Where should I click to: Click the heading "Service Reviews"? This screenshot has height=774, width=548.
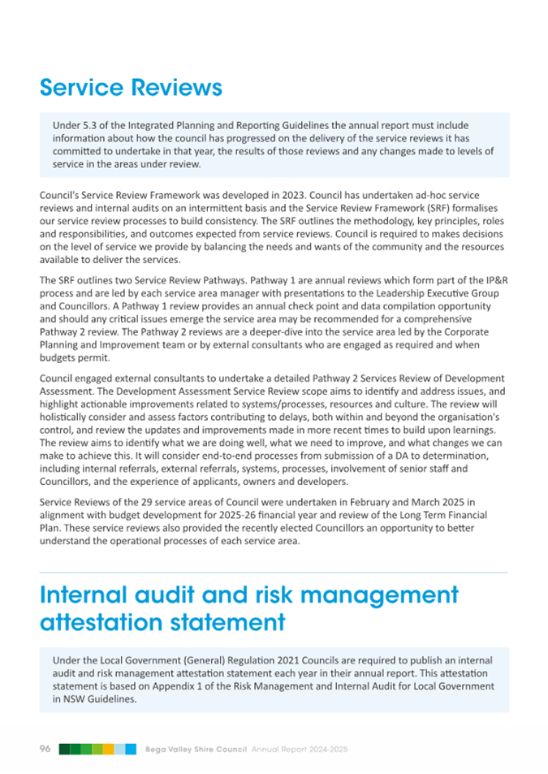coord(131,86)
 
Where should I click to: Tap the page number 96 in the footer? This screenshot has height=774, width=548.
coord(45,748)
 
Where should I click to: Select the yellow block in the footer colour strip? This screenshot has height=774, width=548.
coord(108,748)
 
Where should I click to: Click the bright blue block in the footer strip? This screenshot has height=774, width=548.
coord(130,748)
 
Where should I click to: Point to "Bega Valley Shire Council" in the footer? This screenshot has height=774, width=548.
coord(195,748)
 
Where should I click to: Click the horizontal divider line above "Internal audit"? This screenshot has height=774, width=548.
coord(274,573)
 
